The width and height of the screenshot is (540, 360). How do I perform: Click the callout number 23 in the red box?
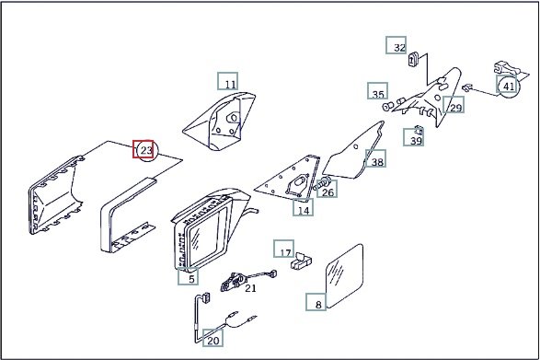point(146,150)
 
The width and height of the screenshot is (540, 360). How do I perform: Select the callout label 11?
point(230,84)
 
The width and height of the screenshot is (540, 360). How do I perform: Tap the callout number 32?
point(399,48)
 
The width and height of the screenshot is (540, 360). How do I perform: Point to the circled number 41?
point(509,87)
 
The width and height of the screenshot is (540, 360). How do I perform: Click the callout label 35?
point(378,94)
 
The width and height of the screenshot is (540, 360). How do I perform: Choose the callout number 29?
point(455,108)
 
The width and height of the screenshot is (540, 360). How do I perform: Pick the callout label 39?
point(416,141)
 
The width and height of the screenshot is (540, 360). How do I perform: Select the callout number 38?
point(377,162)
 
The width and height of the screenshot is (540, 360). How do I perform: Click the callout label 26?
point(327,192)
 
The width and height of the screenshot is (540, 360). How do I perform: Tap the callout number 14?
point(304,210)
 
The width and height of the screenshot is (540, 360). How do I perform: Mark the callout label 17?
point(285,253)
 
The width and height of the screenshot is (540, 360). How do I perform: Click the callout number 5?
point(191,279)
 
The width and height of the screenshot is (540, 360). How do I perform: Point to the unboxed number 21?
point(250,288)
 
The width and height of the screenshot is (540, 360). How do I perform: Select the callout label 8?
point(318,305)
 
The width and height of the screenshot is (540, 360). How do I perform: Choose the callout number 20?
point(213,341)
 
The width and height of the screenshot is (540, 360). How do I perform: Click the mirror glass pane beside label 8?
point(344,276)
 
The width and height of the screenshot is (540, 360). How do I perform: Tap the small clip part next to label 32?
point(413,59)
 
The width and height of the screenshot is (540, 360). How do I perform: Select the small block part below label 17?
point(302,261)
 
